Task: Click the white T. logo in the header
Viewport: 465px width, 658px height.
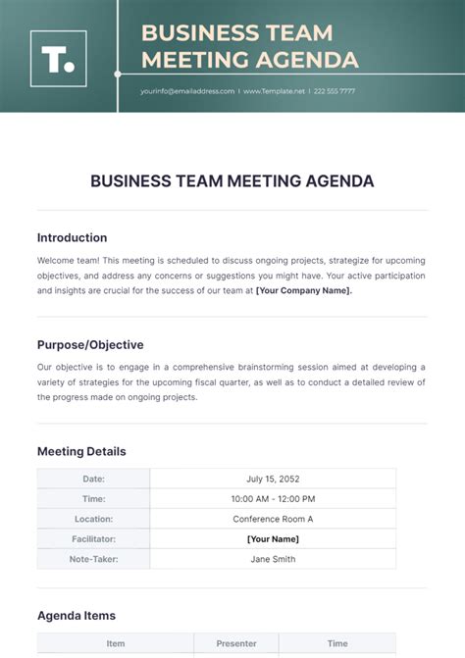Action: [x=58, y=58]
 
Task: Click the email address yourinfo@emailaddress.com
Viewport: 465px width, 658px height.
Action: [x=187, y=91]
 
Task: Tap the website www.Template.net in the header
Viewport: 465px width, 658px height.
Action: [x=275, y=91]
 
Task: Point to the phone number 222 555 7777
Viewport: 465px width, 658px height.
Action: [x=335, y=91]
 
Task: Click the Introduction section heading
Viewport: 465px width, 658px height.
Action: [x=72, y=237]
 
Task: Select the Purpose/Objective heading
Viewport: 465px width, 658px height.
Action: [x=90, y=345]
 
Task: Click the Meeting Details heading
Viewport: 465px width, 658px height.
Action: [x=81, y=452]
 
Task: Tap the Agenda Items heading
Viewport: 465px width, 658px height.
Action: [x=77, y=616]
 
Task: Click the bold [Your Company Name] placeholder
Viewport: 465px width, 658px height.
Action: [x=304, y=290]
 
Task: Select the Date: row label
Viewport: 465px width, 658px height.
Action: [x=93, y=479]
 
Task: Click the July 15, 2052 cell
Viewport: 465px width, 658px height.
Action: [x=273, y=479]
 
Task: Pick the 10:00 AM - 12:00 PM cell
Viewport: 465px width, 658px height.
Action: [x=273, y=499]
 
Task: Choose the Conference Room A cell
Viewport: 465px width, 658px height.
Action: [x=273, y=519]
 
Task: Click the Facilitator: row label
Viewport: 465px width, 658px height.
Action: [x=93, y=538]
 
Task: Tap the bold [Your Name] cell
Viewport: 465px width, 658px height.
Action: [x=273, y=538]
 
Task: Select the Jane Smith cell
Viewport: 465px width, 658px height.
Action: [x=273, y=559]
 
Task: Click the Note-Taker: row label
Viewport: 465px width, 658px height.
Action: [x=93, y=559]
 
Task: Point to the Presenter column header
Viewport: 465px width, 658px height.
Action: [x=236, y=644]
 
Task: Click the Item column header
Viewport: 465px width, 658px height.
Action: [x=115, y=644]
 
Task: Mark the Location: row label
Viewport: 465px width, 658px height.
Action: [x=93, y=519]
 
